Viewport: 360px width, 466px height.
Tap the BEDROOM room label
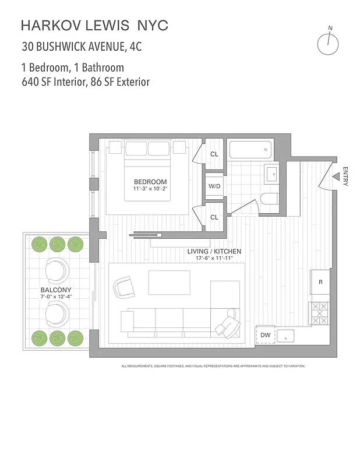[x=150, y=182]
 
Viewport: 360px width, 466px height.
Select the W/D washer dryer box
[x=214, y=186]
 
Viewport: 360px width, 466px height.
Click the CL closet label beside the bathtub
[x=214, y=154]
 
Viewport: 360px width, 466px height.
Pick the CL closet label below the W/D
[x=214, y=217]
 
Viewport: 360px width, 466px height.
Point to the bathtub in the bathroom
[x=250, y=150]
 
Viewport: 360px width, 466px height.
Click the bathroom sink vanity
[x=272, y=174]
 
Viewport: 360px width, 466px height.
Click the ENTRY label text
[x=345, y=176]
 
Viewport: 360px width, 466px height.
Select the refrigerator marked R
[x=320, y=283]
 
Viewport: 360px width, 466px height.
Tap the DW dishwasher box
[x=265, y=335]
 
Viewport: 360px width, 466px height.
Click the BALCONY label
[x=56, y=290]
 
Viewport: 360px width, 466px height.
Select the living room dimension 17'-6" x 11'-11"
[x=214, y=257]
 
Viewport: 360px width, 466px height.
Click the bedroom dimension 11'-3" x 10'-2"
[x=150, y=189]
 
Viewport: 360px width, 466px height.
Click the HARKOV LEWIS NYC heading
[x=94, y=26]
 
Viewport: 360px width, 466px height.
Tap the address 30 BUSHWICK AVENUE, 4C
[x=82, y=46]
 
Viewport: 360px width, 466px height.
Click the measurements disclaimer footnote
[x=213, y=366]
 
